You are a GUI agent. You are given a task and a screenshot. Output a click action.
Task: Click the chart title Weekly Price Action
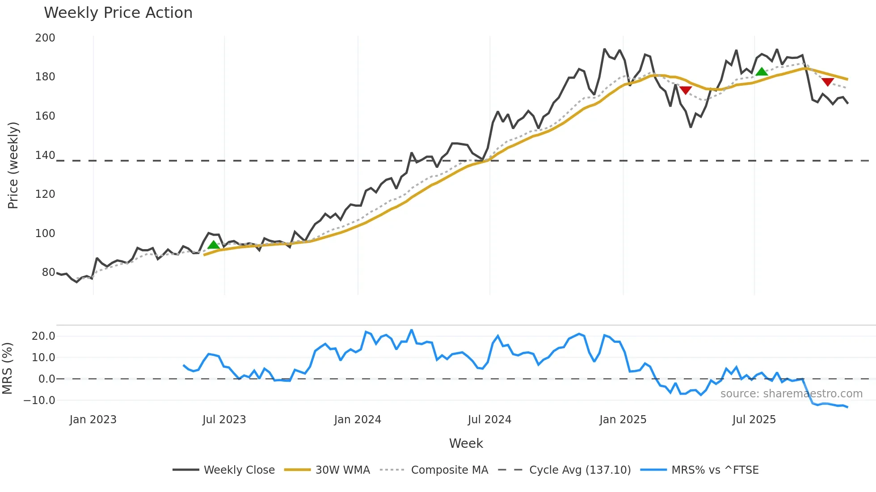pos(118,13)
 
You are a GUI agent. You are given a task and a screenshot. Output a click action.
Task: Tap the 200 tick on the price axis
pos(45,38)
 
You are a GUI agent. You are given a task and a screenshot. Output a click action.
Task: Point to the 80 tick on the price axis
pos(48,272)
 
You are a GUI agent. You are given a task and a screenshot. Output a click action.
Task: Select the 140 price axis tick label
pos(45,155)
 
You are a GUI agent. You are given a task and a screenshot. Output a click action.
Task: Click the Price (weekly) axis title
pos(13,165)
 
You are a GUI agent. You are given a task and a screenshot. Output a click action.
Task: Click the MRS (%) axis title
pos(7,368)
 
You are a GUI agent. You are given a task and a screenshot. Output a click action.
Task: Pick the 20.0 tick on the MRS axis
pos(43,336)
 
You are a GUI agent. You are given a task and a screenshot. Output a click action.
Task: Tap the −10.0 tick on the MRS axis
pos(40,400)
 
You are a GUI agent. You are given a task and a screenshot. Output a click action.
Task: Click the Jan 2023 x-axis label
pos(93,420)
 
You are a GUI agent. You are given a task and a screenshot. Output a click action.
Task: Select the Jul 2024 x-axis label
pos(489,420)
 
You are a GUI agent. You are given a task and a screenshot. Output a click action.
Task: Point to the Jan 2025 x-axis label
pos(623,420)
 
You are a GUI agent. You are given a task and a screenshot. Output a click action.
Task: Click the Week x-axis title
pos(466,443)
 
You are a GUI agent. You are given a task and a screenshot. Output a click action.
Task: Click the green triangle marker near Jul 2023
pos(214,245)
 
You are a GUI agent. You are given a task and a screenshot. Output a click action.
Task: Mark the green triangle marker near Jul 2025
pos(762,71)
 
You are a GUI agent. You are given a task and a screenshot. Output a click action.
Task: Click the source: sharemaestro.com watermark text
pos(791,394)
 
